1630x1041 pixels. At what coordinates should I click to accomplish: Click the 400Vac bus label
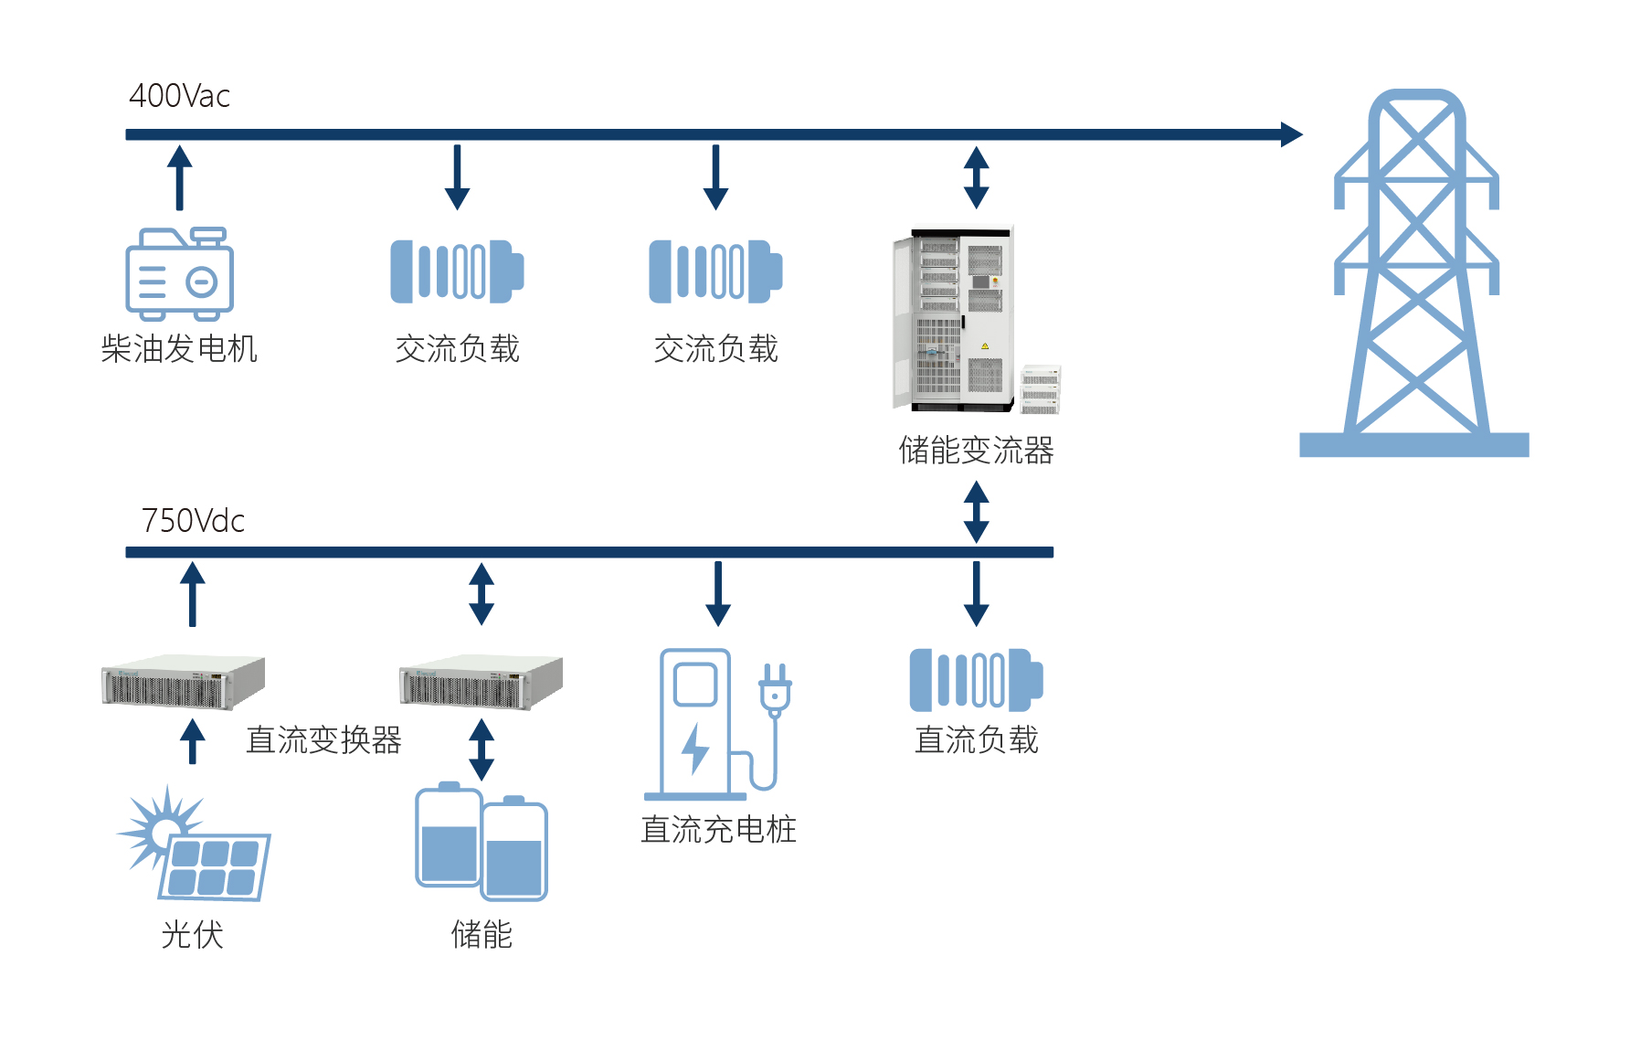tap(179, 96)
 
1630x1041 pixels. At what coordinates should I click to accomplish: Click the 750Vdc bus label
tap(193, 521)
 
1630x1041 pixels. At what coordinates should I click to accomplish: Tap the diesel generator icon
tap(179, 274)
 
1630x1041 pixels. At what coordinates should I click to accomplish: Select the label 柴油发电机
tap(179, 349)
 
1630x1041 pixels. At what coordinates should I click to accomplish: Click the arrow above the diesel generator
tap(179, 177)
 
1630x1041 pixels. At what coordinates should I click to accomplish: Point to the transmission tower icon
tap(1414, 274)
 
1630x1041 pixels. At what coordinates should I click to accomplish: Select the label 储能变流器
tap(976, 451)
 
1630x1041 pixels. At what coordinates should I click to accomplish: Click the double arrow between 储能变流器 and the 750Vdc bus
tap(976, 512)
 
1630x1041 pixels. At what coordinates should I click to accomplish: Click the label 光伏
tap(192, 935)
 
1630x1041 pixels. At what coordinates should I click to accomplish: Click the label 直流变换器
tap(323, 740)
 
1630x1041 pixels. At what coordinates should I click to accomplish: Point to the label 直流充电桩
tap(718, 830)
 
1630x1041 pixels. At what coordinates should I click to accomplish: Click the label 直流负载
tap(976, 740)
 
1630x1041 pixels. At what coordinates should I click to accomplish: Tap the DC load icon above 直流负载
tap(976, 680)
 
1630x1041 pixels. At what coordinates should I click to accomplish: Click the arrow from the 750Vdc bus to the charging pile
tap(718, 593)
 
